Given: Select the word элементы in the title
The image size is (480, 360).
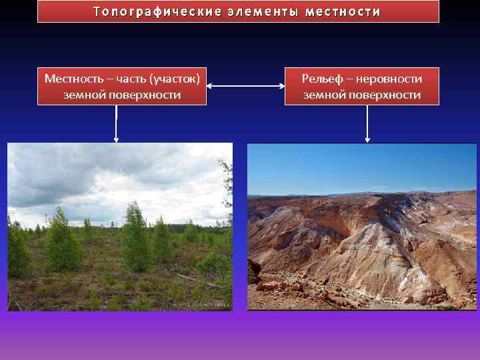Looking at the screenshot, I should (x=255, y=12).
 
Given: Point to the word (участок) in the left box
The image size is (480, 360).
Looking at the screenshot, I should (x=175, y=79).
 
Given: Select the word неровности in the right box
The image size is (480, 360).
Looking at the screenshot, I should (x=389, y=79).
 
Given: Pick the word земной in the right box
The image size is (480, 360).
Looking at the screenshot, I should (x=324, y=95).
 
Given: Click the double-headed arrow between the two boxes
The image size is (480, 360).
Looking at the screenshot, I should (x=245, y=86).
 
